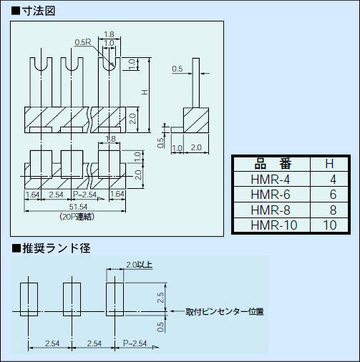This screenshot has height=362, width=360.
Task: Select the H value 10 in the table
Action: click(329, 225)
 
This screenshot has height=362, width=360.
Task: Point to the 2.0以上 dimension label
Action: click(140, 264)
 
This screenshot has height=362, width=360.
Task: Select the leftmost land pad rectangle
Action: click(29, 300)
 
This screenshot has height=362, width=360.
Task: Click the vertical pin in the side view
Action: click(194, 89)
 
